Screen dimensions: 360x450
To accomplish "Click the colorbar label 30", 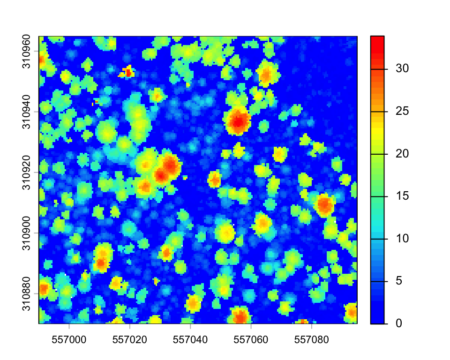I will click(401, 68).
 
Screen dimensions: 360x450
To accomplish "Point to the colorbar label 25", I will click(401, 111).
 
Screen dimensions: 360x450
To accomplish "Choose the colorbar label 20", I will click(401, 154).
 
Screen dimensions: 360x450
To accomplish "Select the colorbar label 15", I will click(401, 196).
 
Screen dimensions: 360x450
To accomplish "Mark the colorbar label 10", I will click(401, 239).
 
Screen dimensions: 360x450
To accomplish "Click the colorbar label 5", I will click(398, 281).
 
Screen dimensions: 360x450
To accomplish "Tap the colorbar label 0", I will click(398, 323).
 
